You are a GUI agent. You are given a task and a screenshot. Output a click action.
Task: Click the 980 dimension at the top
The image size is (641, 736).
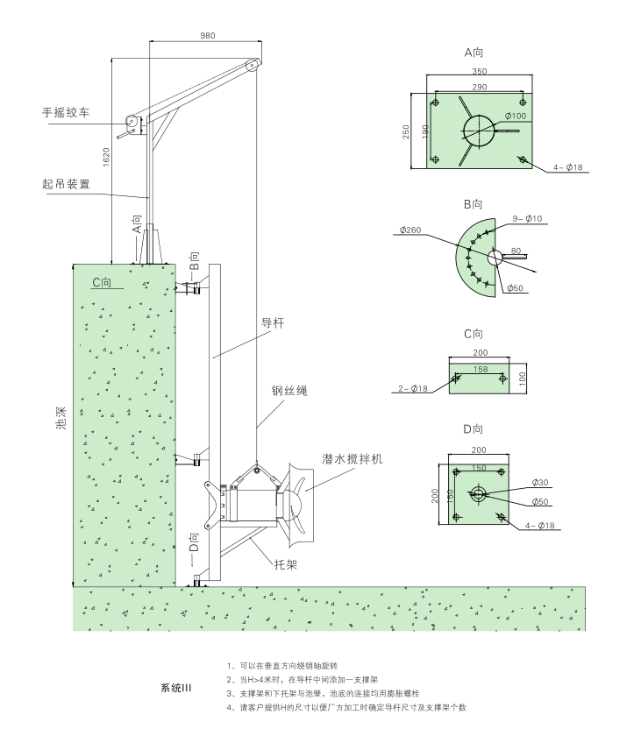(x=207, y=35)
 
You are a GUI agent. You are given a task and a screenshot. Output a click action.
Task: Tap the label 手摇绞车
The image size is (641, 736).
(x=66, y=113)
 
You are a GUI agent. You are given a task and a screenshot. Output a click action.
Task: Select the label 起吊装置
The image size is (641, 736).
(x=66, y=185)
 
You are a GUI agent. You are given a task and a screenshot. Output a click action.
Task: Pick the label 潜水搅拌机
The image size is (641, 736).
(x=353, y=458)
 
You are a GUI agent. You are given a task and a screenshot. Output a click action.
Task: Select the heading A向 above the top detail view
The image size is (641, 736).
(x=474, y=53)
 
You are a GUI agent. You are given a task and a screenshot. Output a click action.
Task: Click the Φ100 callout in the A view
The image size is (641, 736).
(x=515, y=116)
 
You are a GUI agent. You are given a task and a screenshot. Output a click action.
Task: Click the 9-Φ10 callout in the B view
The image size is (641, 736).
(x=527, y=218)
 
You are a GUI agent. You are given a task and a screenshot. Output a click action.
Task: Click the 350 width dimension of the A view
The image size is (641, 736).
(x=479, y=71)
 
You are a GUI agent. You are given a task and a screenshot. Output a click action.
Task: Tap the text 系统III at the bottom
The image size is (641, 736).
(x=175, y=688)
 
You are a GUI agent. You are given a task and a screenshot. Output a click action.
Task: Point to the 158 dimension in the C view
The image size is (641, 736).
(x=479, y=370)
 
